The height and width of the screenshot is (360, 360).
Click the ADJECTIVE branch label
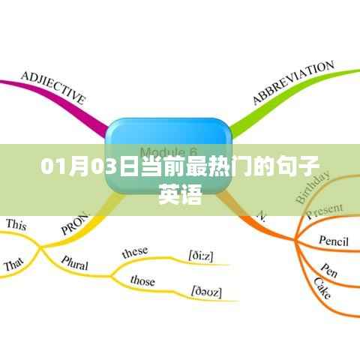52,88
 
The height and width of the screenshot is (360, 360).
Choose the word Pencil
334,242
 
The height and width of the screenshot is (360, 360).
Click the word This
16,223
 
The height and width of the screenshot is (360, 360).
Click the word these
135,251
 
